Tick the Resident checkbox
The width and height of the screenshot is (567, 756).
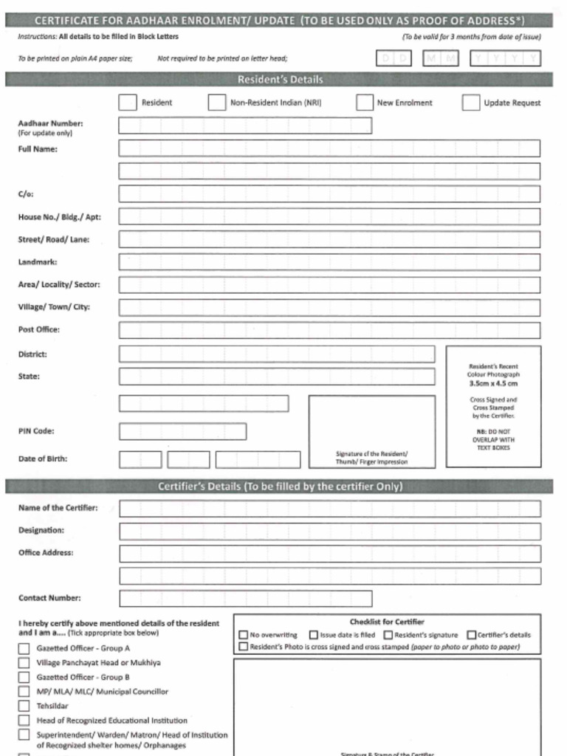pyautogui.click(x=127, y=103)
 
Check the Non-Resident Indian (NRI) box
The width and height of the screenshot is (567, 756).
pyautogui.click(x=216, y=103)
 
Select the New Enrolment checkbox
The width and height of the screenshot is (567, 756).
pyautogui.click(x=365, y=103)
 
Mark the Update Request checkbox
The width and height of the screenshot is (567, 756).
pyautogui.click(x=471, y=103)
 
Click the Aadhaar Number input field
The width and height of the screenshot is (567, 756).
pyautogui.click(x=244, y=126)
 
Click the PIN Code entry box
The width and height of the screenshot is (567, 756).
pyautogui.click(x=182, y=431)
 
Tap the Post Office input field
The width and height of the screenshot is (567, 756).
pyautogui.click(x=329, y=330)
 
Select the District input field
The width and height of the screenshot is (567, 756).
pyautogui.click(x=277, y=354)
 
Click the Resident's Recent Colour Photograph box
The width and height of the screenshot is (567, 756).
pyautogui.click(x=493, y=406)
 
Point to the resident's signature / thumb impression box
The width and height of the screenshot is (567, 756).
pyautogui.click(x=371, y=432)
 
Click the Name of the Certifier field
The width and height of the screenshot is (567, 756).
pyautogui.click(x=329, y=509)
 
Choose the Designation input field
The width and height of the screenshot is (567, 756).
pyautogui.click(x=329, y=531)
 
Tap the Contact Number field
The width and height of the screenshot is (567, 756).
pyautogui.click(x=244, y=598)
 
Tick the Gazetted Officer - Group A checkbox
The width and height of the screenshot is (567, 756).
pyautogui.click(x=24, y=648)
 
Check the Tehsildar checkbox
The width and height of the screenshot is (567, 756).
pyautogui.click(x=24, y=706)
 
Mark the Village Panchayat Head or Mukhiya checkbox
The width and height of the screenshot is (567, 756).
pyautogui.click(x=24, y=663)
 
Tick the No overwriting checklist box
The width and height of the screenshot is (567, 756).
pyautogui.click(x=244, y=635)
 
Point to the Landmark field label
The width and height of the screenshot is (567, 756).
pyautogui.click(x=38, y=262)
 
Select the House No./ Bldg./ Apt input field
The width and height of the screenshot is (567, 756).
pyautogui.click(x=329, y=217)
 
